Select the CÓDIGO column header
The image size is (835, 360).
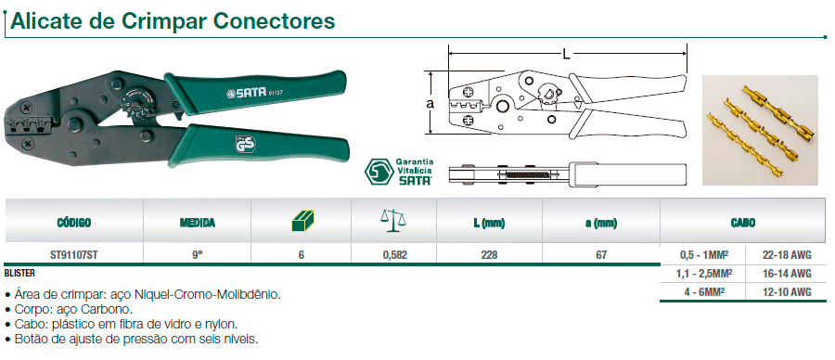coord(74,223)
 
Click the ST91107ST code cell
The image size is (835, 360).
coord(74,252)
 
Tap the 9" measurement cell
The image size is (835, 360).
coord(197,252)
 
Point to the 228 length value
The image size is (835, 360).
coord(494,252)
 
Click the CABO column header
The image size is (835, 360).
coord(742,223)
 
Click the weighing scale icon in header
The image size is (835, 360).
coord(393,221)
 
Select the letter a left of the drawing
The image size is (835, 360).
coord(430,105)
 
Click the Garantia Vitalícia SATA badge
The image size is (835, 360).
coord(398,172)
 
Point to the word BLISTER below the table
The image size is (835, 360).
coord(20,274)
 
